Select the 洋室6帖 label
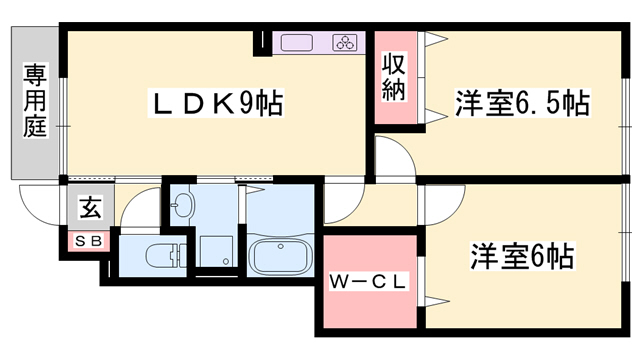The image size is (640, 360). click(x=522, y=256)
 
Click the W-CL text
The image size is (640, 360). click(x=368, y=283)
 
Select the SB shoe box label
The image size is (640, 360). click(x=88, y=241)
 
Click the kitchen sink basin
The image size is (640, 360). click(x=298, y=43)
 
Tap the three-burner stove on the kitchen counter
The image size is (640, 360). click(x=345, y=43)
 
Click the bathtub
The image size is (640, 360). click(x=280, y=258)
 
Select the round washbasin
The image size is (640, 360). click(x=183, y=207)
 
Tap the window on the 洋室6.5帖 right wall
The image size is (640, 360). click(x=627, y=100)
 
